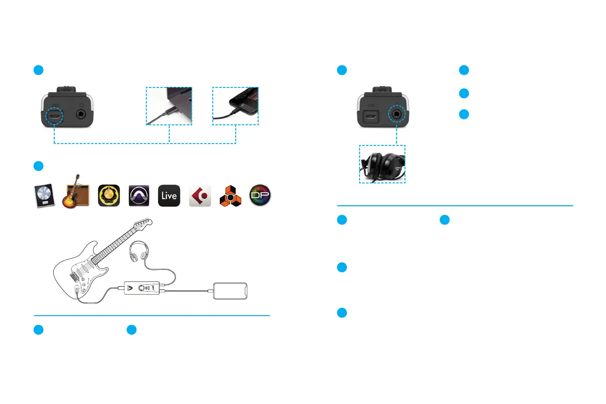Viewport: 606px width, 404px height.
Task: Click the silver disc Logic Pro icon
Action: [x=44, y=195]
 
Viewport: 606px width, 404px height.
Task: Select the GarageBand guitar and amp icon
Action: [x=75, y=192]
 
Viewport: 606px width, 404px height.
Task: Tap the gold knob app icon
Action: [x=108, y=195]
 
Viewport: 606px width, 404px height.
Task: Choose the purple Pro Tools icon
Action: [x=139, y=195]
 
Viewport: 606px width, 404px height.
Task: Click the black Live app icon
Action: [x=169, y=195]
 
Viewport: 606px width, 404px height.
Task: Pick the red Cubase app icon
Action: [x=200, y=195]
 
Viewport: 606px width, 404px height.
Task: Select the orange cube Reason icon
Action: [x=231, y=195]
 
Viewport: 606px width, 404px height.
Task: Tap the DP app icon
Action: [x=260, y=195]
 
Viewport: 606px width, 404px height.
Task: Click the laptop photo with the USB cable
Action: [x=169, y=106]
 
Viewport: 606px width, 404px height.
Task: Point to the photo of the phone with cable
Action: [x=236, y=106]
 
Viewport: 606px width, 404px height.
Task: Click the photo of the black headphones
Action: [x=382, y=164]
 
